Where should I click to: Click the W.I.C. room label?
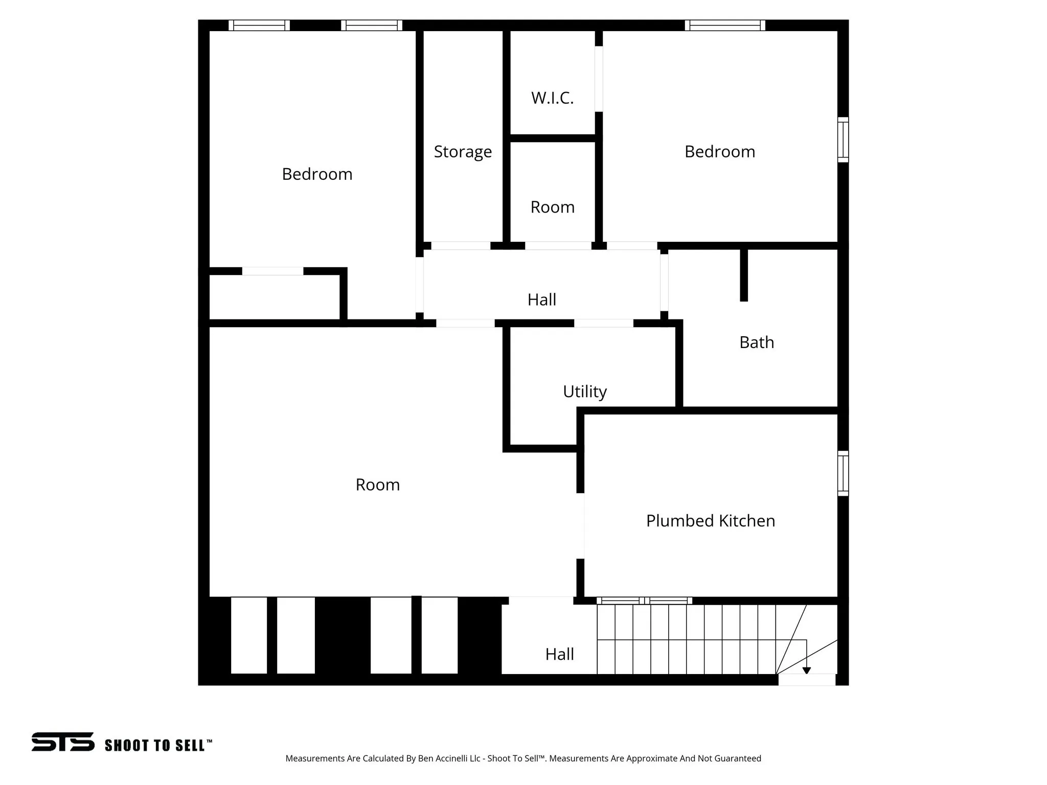coord(552,98)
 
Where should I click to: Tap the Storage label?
coord(463,152)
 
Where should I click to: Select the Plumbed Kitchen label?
coord(710,521)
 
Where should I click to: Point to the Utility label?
coord(584,391)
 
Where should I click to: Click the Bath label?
coord(757,342)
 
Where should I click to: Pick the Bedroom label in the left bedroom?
coord(317,174)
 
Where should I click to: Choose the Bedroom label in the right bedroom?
coord(719,152)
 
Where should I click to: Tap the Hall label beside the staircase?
coord(559,654)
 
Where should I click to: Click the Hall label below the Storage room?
coord(541,299)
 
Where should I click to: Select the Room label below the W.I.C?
coord(552,207)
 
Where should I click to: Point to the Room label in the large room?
coord(377,484)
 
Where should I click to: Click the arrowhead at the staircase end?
coord(806,671)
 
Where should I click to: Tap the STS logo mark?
coord(63,742)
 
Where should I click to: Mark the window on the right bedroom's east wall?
coord(843,140)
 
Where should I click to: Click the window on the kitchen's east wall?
coord(843,473)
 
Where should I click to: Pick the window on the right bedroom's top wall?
coord(724,26)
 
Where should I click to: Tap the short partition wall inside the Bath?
coord(744,275)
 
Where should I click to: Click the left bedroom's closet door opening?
coord(272,271)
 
